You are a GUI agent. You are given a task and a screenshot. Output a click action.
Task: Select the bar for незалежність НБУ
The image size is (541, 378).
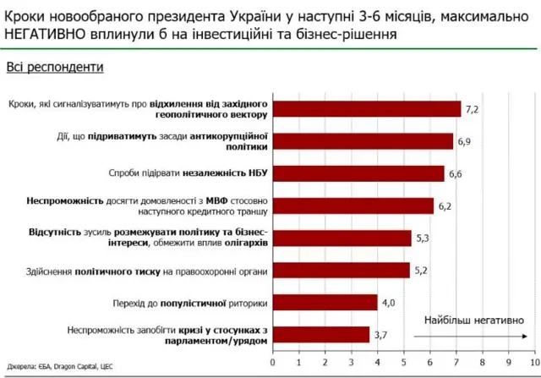click(360, 173)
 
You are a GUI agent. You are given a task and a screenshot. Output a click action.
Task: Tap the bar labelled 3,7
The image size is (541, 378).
click(322, 335)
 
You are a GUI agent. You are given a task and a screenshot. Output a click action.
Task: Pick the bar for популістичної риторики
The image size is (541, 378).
click(326, 303)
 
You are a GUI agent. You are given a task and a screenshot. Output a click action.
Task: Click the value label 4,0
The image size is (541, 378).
click(389, 303)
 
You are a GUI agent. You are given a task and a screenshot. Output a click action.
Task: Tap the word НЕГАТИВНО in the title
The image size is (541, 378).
click(53, 33)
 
